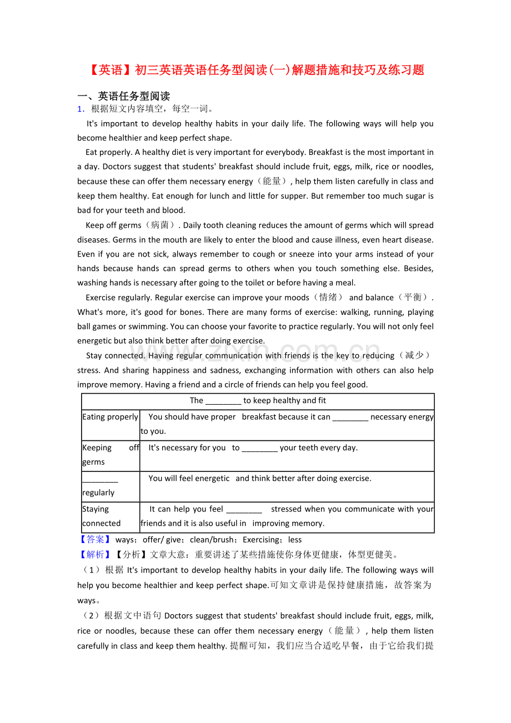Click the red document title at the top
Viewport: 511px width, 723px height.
pyautogui.click(x=256, y=70)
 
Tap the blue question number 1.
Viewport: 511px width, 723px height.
pyautogui.click(x=81, y=109)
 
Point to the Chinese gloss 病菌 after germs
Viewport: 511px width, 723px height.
pyautogui.click(x=161, y=225)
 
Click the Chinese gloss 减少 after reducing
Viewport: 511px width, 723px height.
pyautogui.click(x=414, y=355)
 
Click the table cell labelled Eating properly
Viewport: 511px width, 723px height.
pyautogui.click(x=110, y=417)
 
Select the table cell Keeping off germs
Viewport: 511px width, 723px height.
pyautogui.click(x=110, y=455)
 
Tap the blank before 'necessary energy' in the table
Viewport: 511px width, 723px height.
pyautogui.click(x=350, y=418)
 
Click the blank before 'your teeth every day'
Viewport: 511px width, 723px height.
pyautogui.click(x=260, y=448)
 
